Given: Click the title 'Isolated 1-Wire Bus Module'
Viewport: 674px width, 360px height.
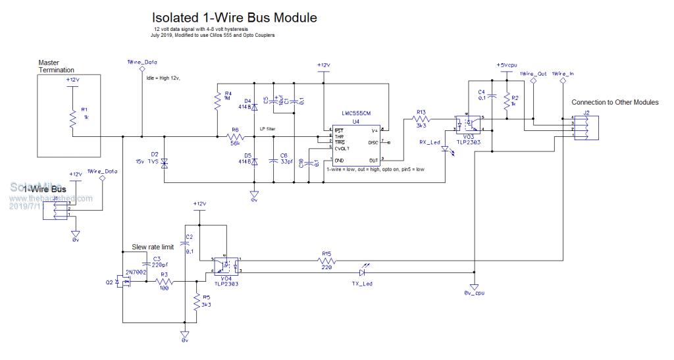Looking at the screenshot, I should click(234, 18).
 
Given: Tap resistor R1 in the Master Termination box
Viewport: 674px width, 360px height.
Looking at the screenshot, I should click(73, 118).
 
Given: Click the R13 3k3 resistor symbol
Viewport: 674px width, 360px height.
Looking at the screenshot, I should click(421, 121).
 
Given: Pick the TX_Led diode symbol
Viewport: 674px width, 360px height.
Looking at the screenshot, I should click(363, 270).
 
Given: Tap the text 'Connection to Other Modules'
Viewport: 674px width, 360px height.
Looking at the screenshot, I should click(615, 103).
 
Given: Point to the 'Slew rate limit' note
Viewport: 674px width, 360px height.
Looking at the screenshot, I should click(153, 247).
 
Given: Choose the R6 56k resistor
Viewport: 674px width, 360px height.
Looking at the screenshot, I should click(235, 137).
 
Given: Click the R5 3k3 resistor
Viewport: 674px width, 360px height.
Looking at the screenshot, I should click(197, 303).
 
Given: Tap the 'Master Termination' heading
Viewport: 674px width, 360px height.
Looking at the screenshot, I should click(57, 66).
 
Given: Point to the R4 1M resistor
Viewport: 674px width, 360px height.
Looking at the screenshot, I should click(217, 101).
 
